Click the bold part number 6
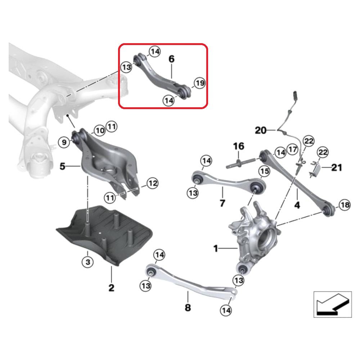tap(171, 59)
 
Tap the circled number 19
tap(199, 84)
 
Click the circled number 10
tap(100, 130)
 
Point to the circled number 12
tap(153, 184)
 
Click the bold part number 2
tap(111, 287)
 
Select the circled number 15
tap(264, 172)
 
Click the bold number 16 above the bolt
tap(238, 146)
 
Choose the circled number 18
tap(345, 205)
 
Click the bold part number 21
tap(337, 167)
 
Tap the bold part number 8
tap(188, 307)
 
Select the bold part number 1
tap(216, 248)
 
